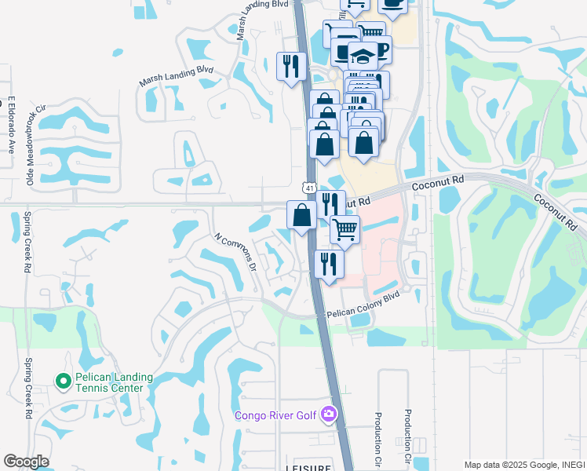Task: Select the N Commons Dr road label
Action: pos(235,250)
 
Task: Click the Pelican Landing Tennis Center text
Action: pos(109,382)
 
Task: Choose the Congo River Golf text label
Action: pos(277,414)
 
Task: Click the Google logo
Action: pos(26,462)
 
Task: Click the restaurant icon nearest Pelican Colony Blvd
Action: pos(329,263)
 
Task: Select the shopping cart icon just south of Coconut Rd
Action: pos(345,228)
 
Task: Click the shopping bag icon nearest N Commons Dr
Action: pos(302,214)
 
